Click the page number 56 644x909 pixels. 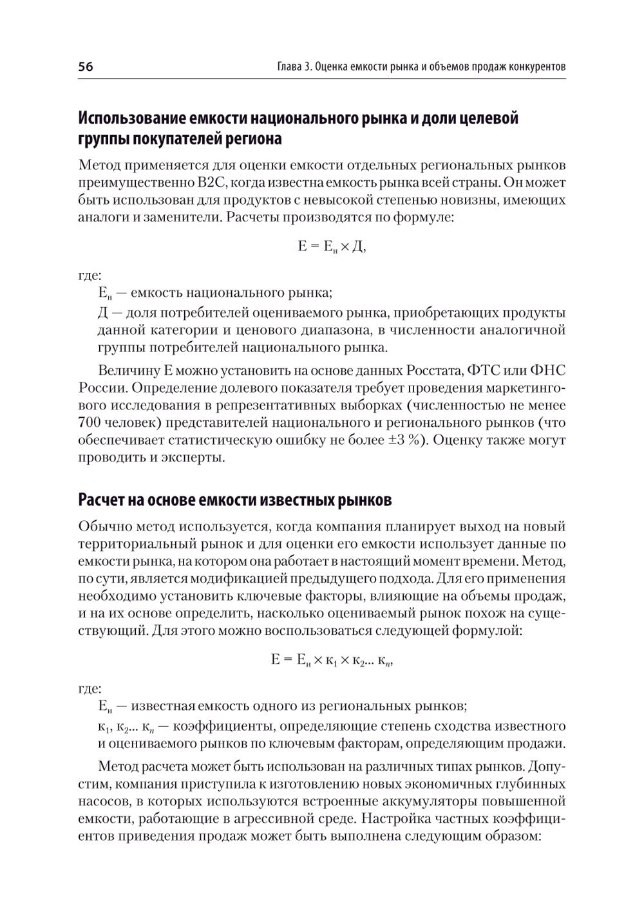click(x=86, y=66)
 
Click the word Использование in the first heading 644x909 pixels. click(x=133, y=119)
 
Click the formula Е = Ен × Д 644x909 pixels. click(x=332, y=247)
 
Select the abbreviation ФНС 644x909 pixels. click(x=548, y=371)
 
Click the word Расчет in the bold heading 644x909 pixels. click(x=104, y=501)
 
